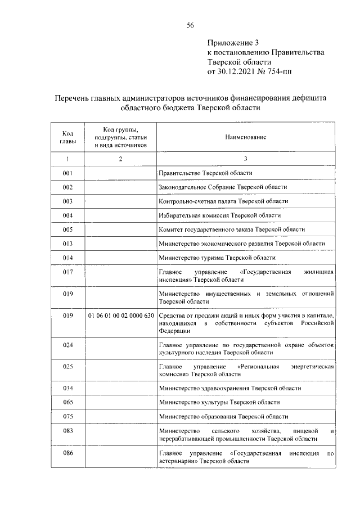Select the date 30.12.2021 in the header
239,71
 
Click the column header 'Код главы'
67,137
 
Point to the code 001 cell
67,173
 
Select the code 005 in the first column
67,229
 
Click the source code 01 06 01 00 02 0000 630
120,316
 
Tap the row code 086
67,453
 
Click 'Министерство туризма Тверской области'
218,258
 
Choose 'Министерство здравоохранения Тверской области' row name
230,388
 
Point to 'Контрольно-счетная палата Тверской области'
223,201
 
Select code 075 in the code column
67,416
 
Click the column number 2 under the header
120,159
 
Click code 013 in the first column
67,244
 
